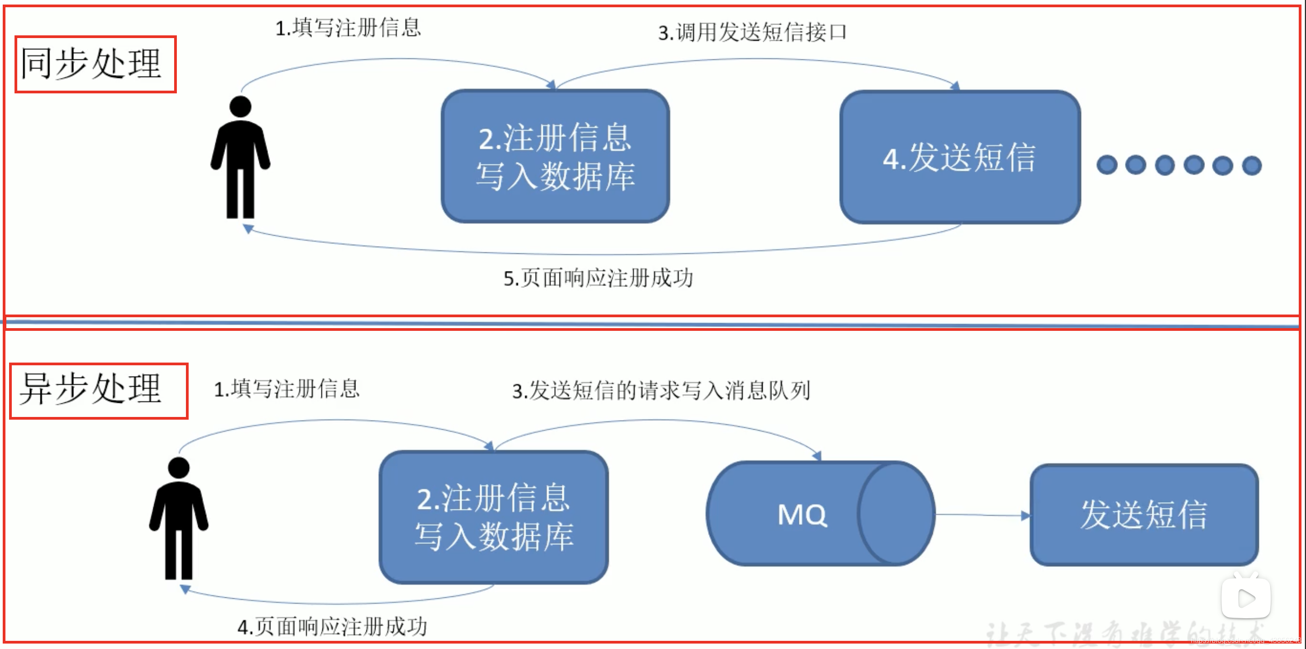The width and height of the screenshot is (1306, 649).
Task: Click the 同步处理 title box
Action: coord(95,64)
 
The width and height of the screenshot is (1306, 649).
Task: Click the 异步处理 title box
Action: coord(98,391)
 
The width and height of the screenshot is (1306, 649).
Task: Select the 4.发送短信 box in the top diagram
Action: coord(960,157)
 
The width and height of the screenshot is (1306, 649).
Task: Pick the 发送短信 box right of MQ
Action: coord(1144,515)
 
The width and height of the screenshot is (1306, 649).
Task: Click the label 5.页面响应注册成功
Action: coord(598,278)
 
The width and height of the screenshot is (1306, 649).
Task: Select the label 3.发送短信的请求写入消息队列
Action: coord(661,391)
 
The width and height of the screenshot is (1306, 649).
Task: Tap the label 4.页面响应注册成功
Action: coord(332,627)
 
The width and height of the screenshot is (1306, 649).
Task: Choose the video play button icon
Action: coord(1246,598)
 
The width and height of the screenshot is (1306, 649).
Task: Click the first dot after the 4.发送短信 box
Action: coord(1107,165)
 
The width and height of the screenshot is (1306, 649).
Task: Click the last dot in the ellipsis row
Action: coord(1252,165)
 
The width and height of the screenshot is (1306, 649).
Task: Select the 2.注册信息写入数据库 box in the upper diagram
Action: coord(555,156)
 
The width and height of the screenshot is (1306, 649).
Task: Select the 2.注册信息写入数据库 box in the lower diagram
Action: coord(493,517)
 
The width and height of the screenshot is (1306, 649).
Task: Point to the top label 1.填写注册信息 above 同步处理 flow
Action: coord(348,27)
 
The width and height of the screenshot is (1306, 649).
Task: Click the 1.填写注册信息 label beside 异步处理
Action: coord(287,389)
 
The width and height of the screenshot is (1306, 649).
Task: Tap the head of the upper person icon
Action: coord(240,107)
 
